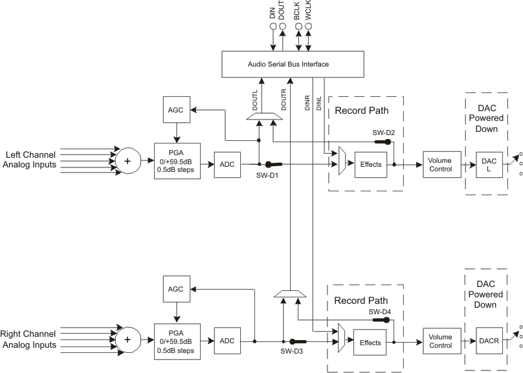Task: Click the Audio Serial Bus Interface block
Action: tap(288, 64)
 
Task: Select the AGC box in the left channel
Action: tap(175, 110)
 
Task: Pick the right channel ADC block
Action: tap(227, 340)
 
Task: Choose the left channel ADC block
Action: tap(227, 164)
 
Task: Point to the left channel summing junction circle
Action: tap(128, 160)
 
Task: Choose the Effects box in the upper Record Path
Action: tap(371, 164)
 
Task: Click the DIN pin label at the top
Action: tap(273, 11)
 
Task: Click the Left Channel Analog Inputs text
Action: tap(39, 160)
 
